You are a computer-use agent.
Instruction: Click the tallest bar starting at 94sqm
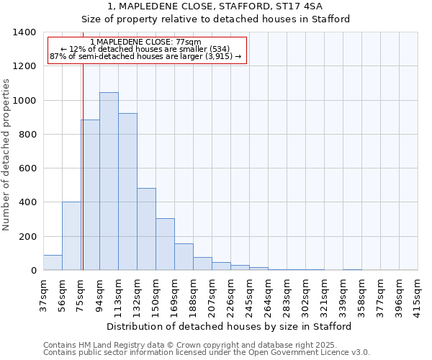[109, 181]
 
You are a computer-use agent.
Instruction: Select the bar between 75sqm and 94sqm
[90, 195]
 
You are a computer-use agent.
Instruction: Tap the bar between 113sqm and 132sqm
[127, 192]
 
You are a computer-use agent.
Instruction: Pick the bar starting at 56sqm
[71, 236]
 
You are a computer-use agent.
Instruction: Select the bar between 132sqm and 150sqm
[146, 229]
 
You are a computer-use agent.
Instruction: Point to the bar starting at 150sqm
[165, 244]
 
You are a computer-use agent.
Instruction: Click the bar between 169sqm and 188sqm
[184, 257]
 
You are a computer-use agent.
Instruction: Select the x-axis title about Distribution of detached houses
[229, 326]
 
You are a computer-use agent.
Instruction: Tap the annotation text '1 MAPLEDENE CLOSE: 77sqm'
[146, 42]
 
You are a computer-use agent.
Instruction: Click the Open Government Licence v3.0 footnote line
[207, 353]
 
